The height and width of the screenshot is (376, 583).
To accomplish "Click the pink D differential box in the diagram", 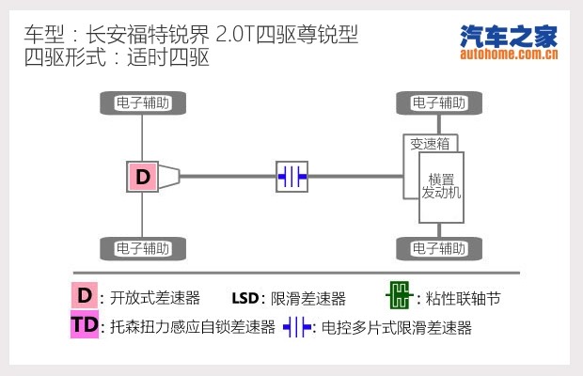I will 142,176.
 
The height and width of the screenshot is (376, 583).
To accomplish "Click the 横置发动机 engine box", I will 441,186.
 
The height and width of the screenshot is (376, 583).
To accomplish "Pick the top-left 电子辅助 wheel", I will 143,102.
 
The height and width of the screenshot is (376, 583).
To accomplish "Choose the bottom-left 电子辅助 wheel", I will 143,249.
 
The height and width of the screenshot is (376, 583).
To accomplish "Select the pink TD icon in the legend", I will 85,326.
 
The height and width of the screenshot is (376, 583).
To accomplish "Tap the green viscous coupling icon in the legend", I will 399,297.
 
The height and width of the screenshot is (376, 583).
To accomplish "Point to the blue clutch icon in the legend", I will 298,327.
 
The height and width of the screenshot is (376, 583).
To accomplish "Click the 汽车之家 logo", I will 509,36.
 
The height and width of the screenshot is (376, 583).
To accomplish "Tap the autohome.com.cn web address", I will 509,54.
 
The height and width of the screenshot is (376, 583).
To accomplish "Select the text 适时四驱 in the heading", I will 171,56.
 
